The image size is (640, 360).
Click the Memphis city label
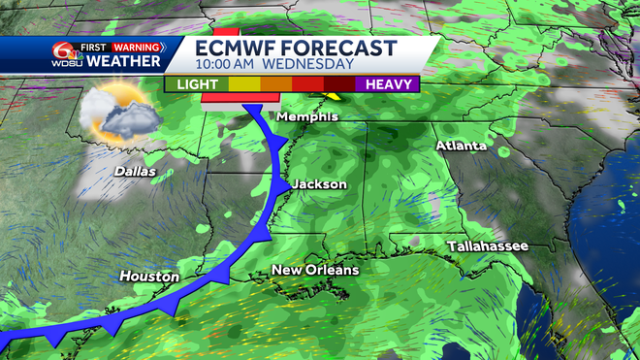pyautogui.click(x=307, y=117)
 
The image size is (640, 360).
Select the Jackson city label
pyautogui.click(x=318, y=184)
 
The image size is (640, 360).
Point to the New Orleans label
pyautogui.click(x=314, y=270)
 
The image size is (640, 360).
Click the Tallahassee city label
pyautogui.click(x=488, y=247)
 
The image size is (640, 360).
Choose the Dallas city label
pyautogui.click(x=135, y=171)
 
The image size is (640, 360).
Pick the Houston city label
pyautogui.click(x=149, y=277)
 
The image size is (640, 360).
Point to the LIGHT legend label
pyautogui.click(x=198, y=84)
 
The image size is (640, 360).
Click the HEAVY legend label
pyautogui.click(x=390, y=84)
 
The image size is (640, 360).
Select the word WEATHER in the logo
pyautogui.click(x=123, y=62)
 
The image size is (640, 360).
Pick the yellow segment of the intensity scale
pyautogui.click(x=245, y=84)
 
